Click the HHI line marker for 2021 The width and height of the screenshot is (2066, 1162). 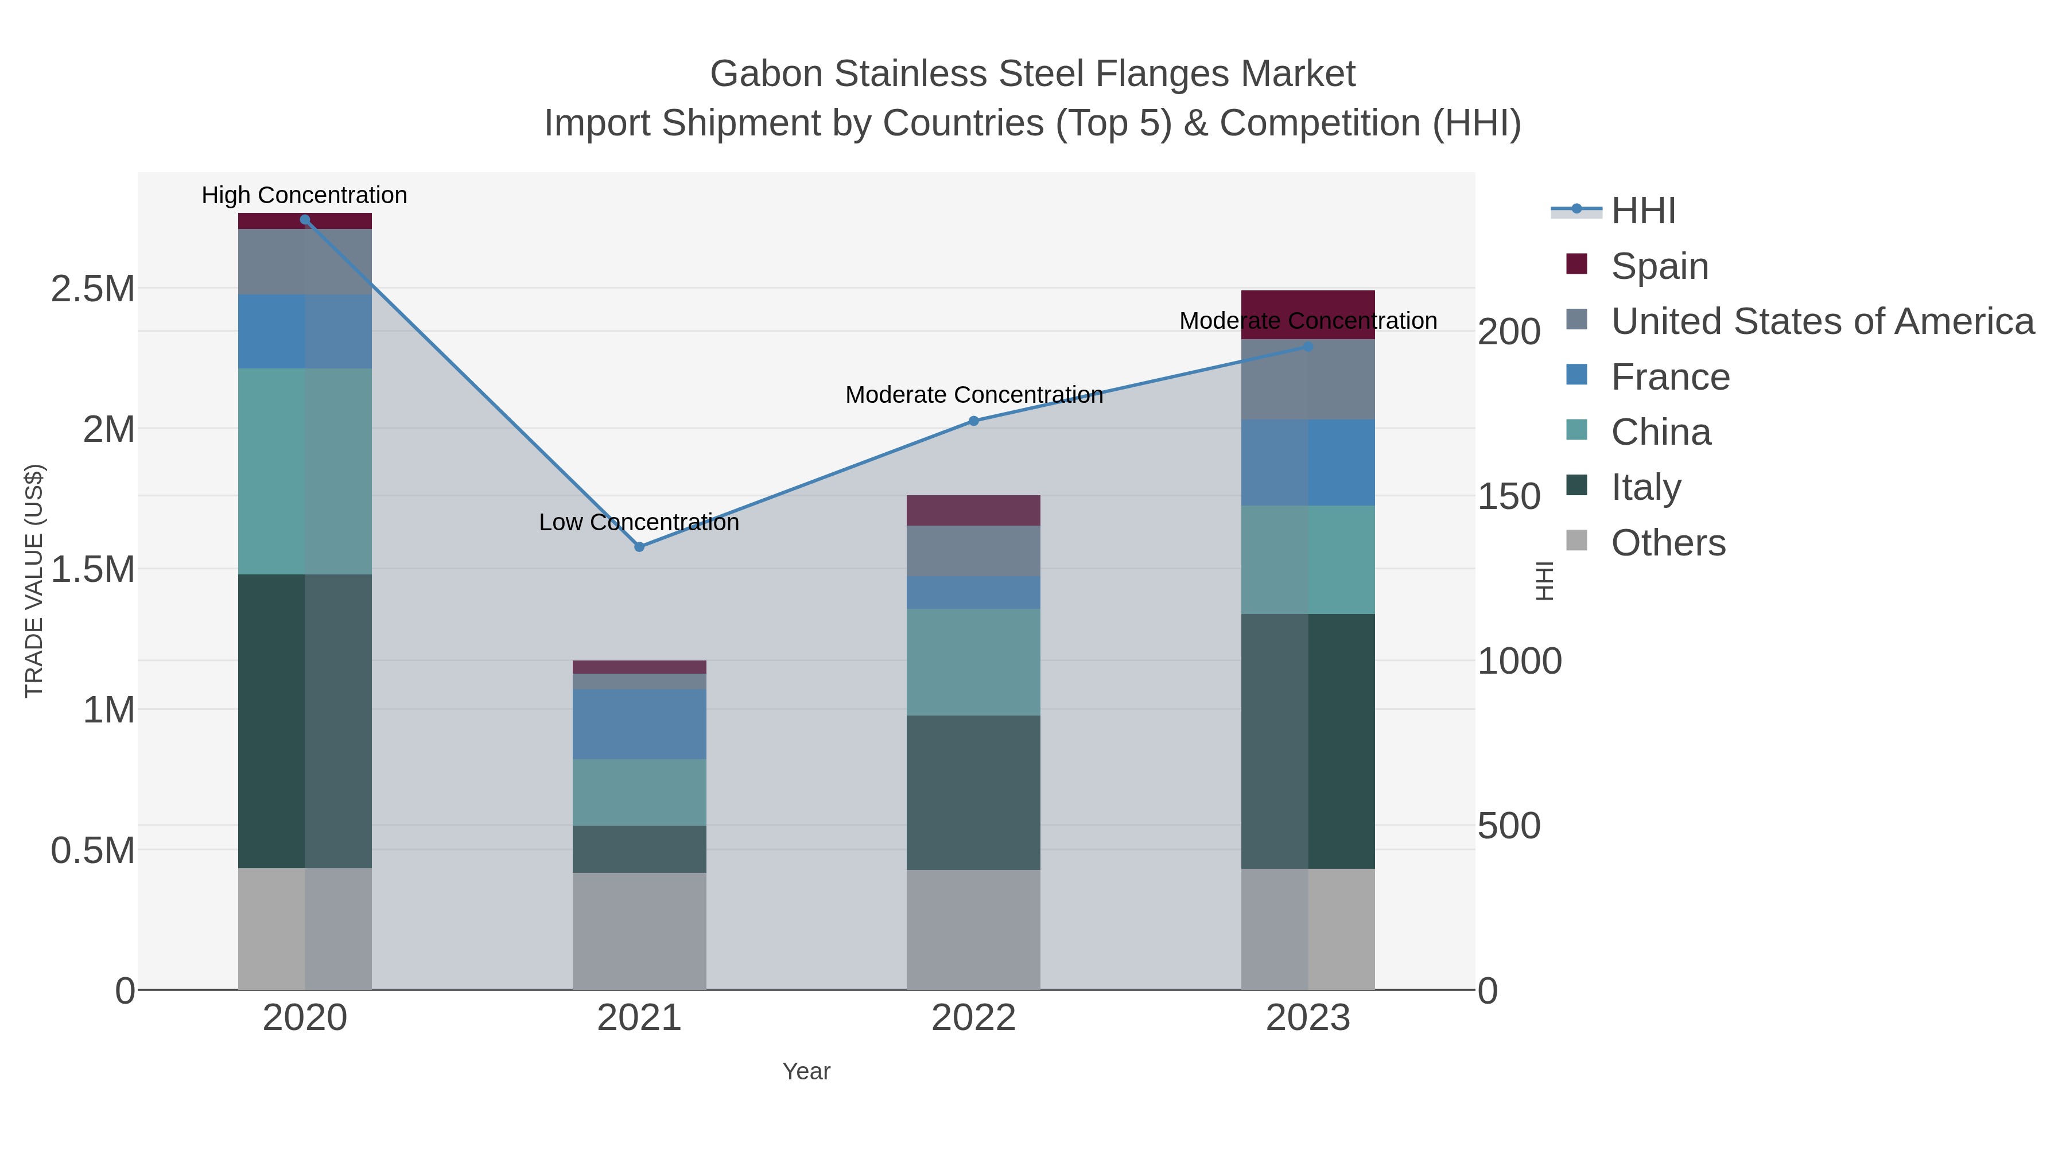pos(639,547)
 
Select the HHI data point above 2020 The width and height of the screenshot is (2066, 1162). pos(305,220)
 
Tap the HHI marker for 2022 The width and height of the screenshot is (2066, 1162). pos(974,421)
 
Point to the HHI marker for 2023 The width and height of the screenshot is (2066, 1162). pos(1308,347)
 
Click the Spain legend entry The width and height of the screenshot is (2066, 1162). pos(1659,266)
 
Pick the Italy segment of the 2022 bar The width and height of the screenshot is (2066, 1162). pos(974,792)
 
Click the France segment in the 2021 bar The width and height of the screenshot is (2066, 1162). pos(639,724)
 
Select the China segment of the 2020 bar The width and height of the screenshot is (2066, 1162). pos(305,472)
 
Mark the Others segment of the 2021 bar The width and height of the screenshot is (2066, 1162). pos(639,930)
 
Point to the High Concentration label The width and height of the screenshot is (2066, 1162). pos(304,196)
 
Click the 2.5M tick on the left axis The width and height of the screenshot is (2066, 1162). pos(93,289)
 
